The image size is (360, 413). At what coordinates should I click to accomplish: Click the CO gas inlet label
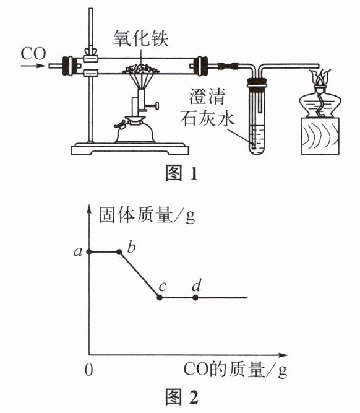pyautogui.click(x=33, y=54)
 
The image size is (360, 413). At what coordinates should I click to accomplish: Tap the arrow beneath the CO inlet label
pyautogui.click(x=33, y=66)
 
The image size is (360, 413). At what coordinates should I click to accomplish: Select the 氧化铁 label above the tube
pyautogui.click(x=141, y=38)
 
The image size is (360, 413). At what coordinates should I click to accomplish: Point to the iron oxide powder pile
pyautogui.click(x=141, y=69)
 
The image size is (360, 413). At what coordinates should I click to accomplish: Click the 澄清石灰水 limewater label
pyautogui.click(x=207, y=107)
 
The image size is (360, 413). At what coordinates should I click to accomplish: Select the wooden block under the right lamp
pyautogui.click(x=320, y=136)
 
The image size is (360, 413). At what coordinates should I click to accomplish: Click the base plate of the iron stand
pyautogui.click(x=130, y=149)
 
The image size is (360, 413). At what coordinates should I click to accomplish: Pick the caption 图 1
pyautogui.click(x=181, y=173)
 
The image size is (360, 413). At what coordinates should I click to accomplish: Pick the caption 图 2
pyautogui.click(x=182, y=397)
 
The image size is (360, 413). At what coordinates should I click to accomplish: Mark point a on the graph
pyautogui.click(x=89, y=252)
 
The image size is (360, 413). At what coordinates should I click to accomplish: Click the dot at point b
pyautogui.click(x=119, y=252)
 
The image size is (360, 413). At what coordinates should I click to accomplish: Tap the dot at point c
pyautogui.click(x=159, y=298)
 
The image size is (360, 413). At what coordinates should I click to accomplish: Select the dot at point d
pyautogui.click(x=195, y=298)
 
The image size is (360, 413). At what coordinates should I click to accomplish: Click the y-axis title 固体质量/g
pyautogui.click(x=147, y=215)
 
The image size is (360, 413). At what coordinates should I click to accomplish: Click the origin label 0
pyautogui.click(x=88, y=370)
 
